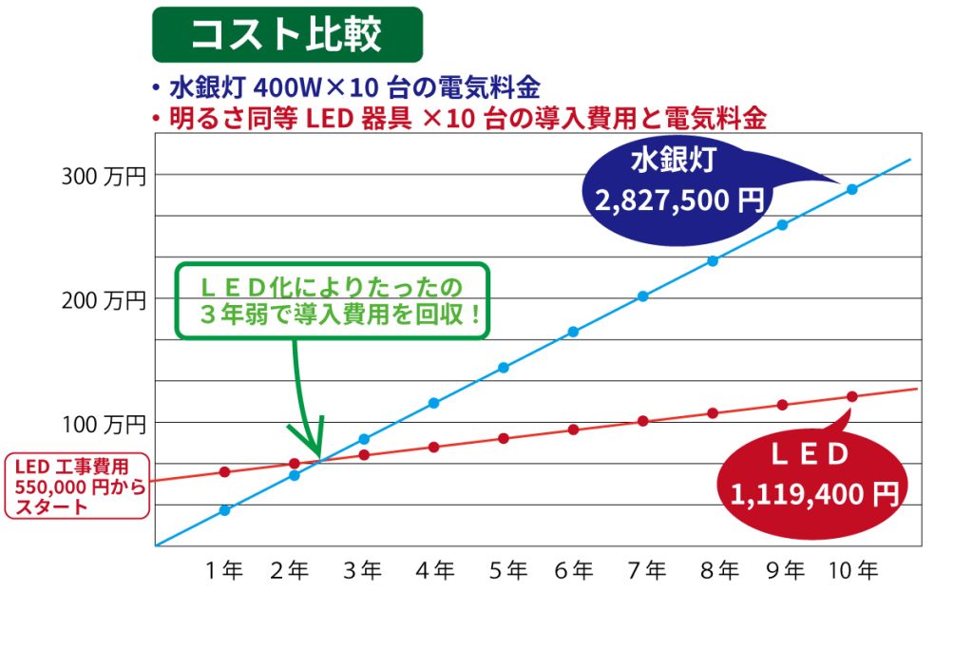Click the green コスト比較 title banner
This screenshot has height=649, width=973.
coord(287,35)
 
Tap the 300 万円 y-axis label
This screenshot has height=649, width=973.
coord(104,176)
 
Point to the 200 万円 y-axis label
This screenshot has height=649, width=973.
coord(104,300)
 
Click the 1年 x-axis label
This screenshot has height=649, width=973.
coord(225,570)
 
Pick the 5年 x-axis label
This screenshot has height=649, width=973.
coord(508,570)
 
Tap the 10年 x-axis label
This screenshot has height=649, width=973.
coord(852,570)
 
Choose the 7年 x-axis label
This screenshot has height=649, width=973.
coord(647,570)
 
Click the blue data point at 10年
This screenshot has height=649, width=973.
coord(852,189)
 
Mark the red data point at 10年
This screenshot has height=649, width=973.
coord(852,396)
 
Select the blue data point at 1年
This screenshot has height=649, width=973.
coord(225,510)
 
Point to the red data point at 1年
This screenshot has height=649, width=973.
coord(225,471)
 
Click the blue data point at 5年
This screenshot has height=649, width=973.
coord(504,368)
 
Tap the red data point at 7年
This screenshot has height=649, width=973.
coord(643,421)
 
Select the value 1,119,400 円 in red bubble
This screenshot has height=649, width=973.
coord(815,493)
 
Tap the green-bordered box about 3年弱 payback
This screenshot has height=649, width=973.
coord(333,300)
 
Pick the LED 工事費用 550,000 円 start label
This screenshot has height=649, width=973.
coord(76,485)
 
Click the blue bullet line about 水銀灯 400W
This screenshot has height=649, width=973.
coord(352,88)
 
